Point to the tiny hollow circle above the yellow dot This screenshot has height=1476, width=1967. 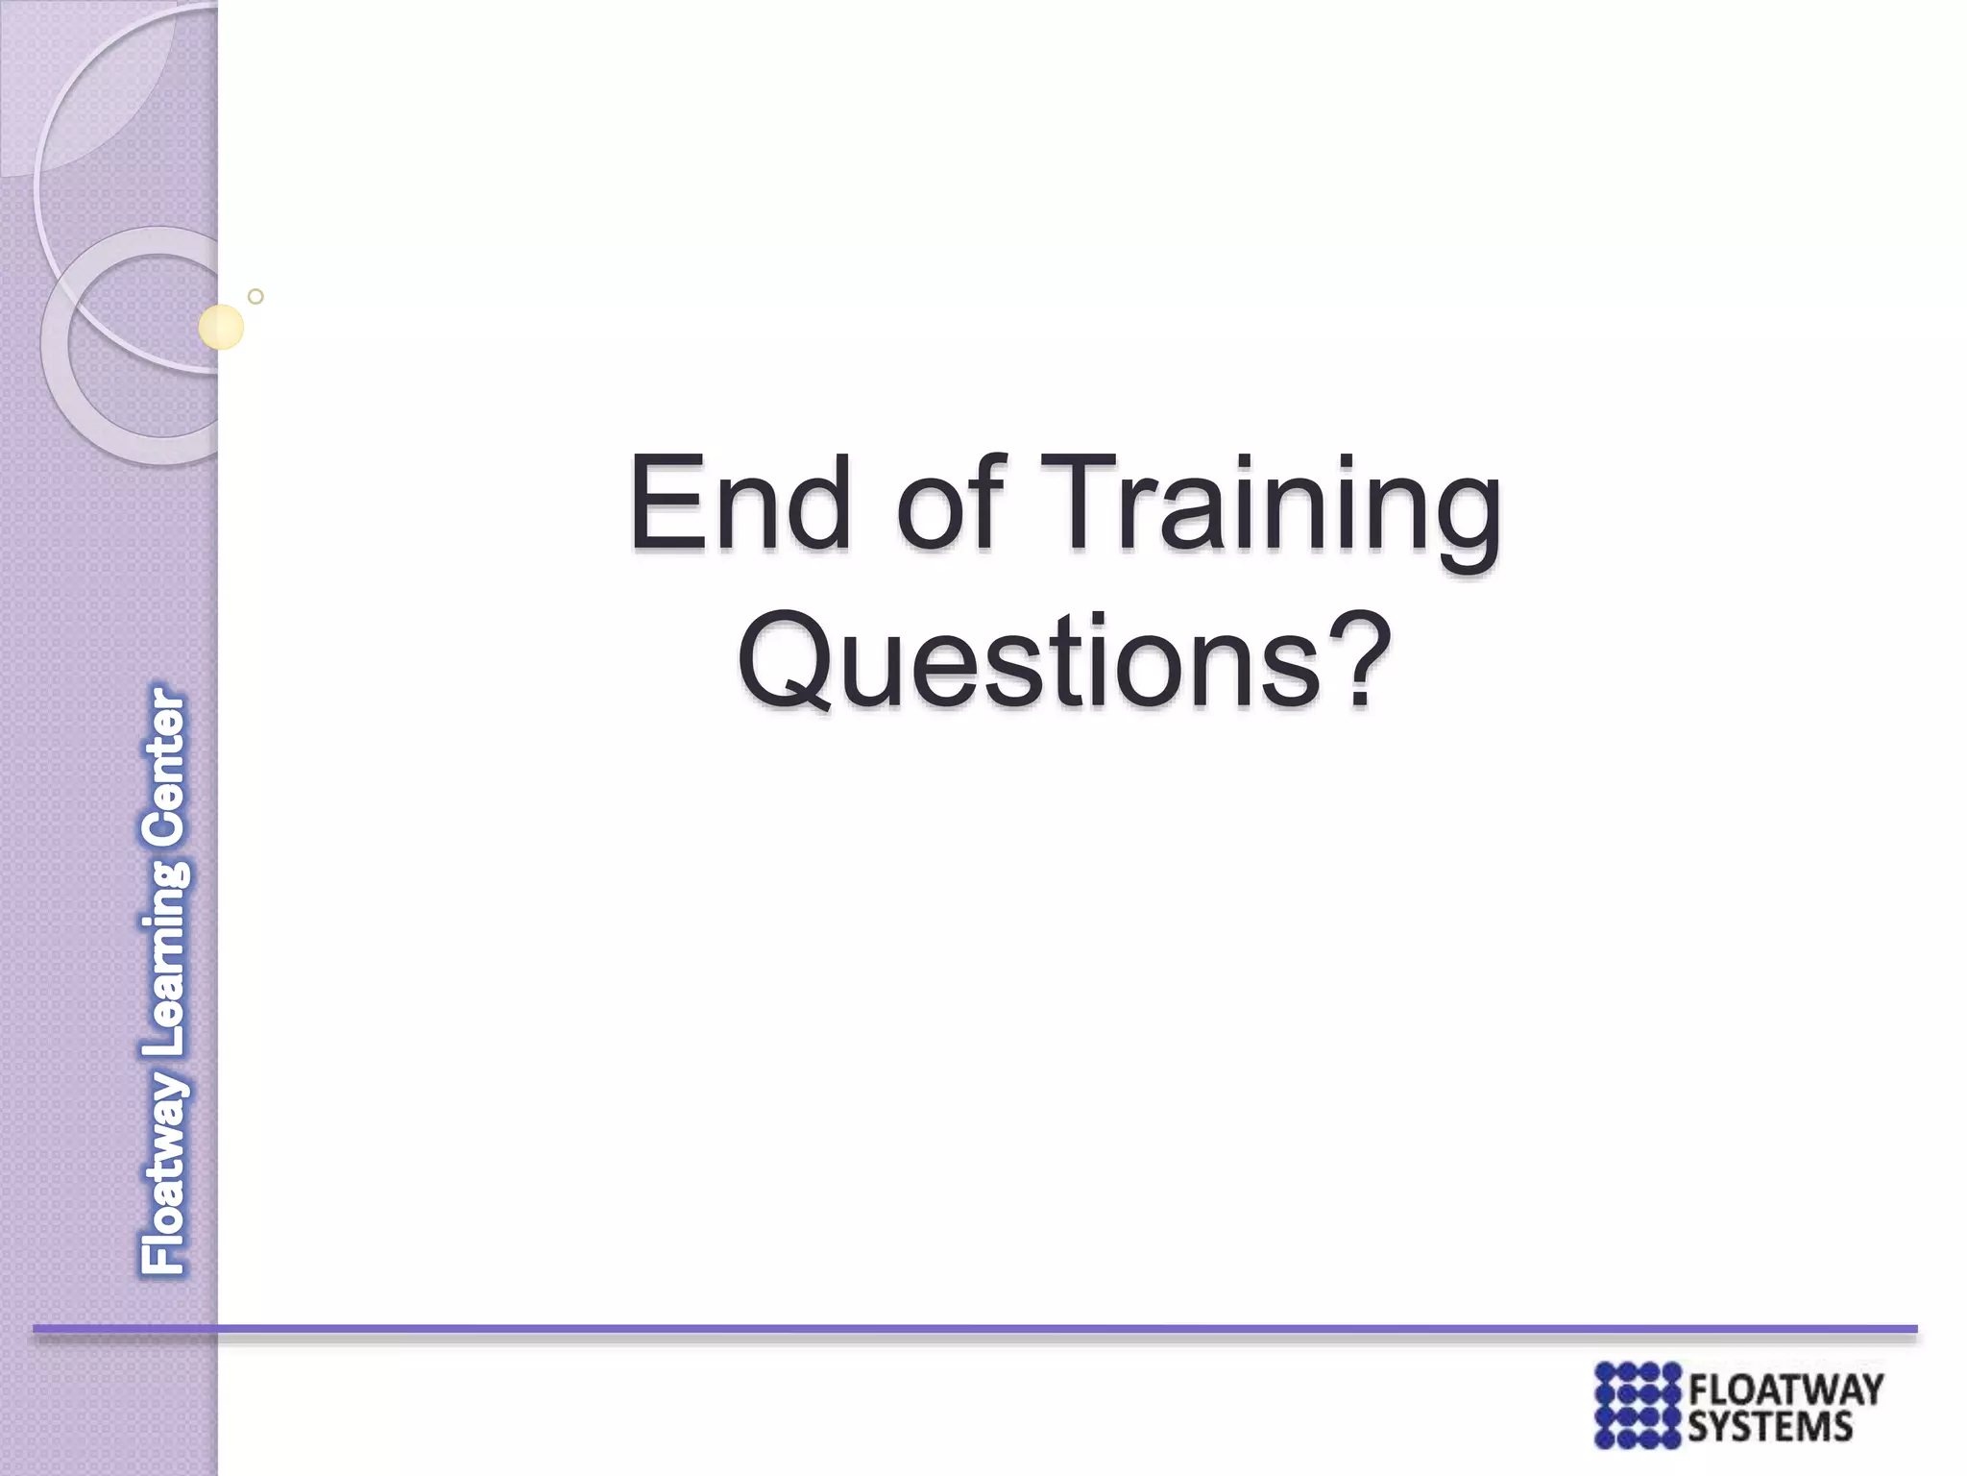(255, 297)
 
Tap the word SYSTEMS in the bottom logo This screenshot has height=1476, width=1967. (1769, 1426)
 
